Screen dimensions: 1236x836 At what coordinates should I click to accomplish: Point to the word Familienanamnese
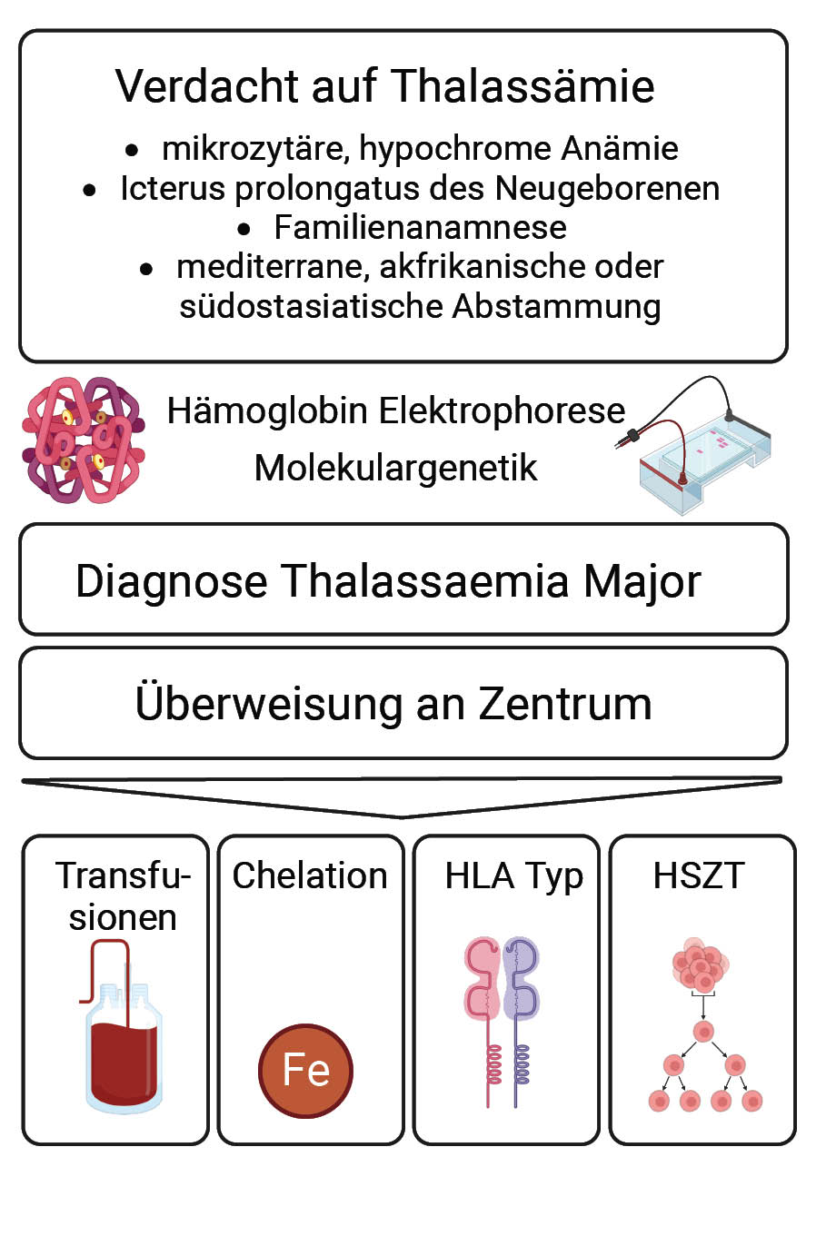420,227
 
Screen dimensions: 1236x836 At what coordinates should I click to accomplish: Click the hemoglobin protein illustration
83,440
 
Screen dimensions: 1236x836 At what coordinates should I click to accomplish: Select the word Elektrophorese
502,411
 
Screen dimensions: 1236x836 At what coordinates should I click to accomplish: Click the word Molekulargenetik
395,468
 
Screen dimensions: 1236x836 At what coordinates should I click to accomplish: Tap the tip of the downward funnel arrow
402,815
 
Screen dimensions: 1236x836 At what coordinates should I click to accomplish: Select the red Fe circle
305,1070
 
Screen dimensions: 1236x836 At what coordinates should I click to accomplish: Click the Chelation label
310,875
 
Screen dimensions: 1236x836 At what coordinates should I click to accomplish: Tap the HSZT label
698,875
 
